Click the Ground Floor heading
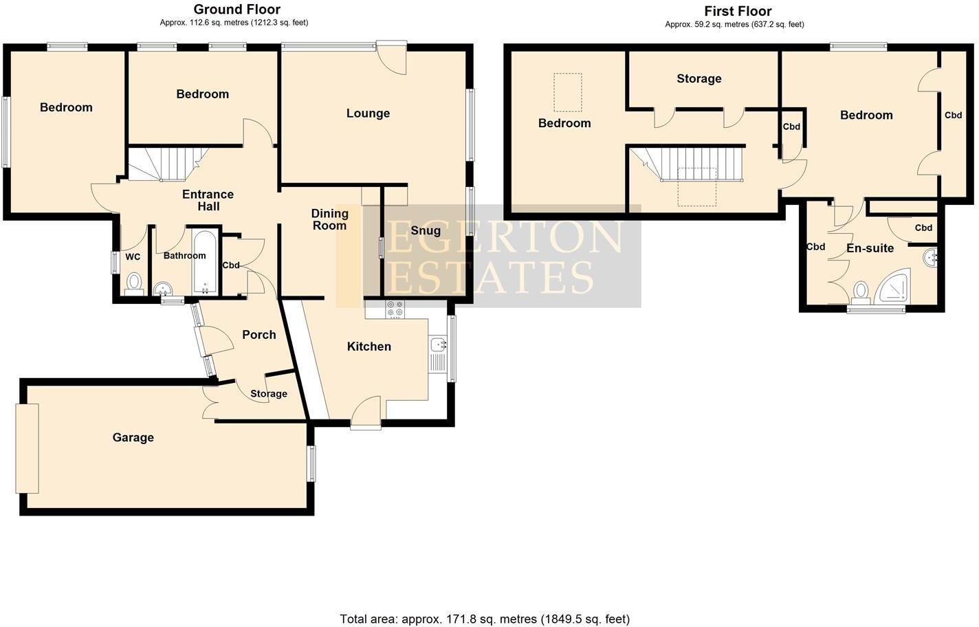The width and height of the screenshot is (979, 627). click(x=236, y=10)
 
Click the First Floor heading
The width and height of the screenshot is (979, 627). click(x=737, y=11)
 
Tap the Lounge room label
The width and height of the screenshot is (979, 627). click(x=368, y=113)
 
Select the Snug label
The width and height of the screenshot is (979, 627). click(x=426, y=230)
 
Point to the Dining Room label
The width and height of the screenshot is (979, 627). click(x=329, y=219)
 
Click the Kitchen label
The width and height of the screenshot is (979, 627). click(x=368, y=346)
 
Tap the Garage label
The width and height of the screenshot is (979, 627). click(x=133, y=437)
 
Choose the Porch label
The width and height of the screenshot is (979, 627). click(x=259, y=335)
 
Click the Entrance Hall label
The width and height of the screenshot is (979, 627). click(x=208, y=200)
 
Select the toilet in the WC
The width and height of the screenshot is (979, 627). click(x=134, y=283)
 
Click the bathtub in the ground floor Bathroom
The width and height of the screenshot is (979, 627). click(x=206, y=263)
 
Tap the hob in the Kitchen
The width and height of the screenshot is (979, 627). click(x=395, y=309)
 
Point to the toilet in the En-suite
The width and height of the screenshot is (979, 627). click(x=860, y=291)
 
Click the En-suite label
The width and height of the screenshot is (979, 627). click(x=870, y=248)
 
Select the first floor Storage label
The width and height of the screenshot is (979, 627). click(x=698, y=78)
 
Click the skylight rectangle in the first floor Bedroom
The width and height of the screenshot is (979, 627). click(x=567, y=92)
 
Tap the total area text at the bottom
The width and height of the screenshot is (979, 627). click(x=485, y=619)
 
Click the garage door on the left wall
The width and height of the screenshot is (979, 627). click(x=27, y=448)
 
